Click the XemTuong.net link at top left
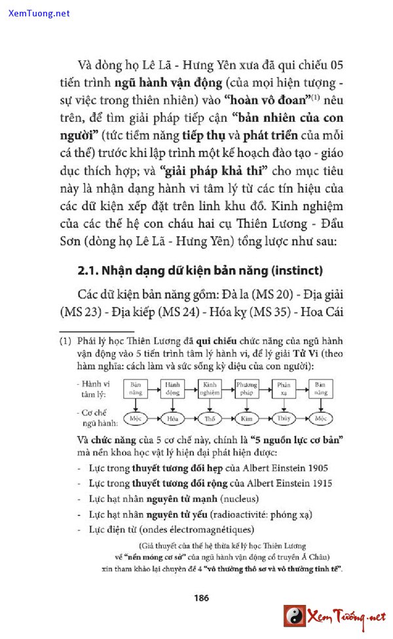39,13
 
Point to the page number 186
201,598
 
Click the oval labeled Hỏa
173,417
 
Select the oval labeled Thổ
210,417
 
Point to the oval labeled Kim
247,417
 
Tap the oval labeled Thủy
284,417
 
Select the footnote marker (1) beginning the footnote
65,341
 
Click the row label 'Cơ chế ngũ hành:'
96,417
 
